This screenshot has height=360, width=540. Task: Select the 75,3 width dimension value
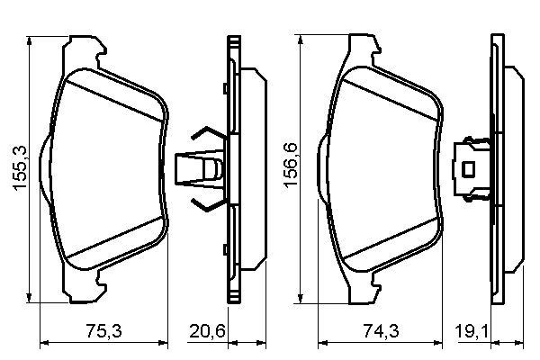point(103,332)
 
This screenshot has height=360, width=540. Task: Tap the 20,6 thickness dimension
point(206,332)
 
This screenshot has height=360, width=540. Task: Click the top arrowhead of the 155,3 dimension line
point(31,41)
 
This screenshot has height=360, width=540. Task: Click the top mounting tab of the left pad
point(86,45)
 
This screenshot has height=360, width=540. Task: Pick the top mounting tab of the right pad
point(362,45)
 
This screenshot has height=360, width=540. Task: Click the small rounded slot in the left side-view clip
point(212,168)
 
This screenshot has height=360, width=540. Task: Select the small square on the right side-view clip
point(468,167)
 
